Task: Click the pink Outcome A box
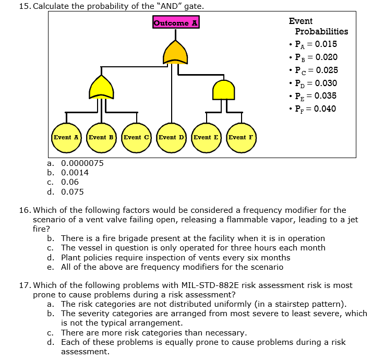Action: coord(176,22)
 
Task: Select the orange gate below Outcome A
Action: coord(175,52)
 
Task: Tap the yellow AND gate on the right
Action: coord(224,89)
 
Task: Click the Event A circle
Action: coord(66,138)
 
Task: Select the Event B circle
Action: coord(101,138)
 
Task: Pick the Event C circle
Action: coord(136,138)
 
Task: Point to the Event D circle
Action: coord(171,138)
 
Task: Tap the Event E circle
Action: coord(206,138)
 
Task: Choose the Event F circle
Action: coord(241,138)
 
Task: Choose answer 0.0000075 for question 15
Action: coord(82,163)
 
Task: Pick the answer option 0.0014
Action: coord(75,173)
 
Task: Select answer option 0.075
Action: coord(72,191)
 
